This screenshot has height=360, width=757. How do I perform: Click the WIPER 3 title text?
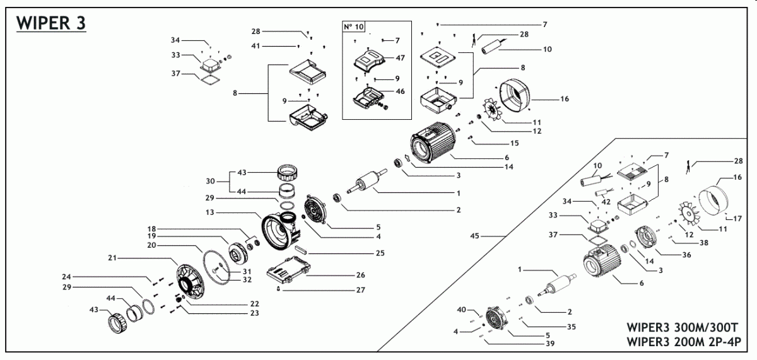pos(50,23)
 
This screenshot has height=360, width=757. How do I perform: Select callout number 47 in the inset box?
pos(401,57)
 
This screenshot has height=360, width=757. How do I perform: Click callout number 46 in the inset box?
pos(401,91)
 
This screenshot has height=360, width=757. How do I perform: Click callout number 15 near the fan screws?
pos(514,143)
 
